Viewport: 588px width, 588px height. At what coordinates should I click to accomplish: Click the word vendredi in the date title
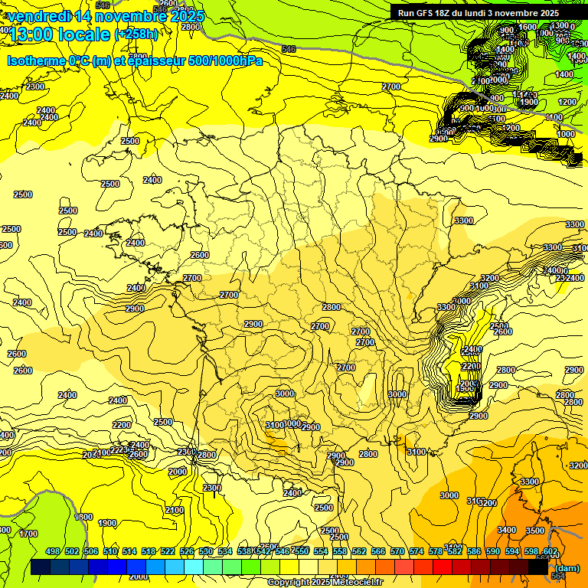[39, 16]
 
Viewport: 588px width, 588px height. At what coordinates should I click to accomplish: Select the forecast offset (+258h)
[136, 34]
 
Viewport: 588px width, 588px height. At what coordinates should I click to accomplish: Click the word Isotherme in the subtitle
[36, 60]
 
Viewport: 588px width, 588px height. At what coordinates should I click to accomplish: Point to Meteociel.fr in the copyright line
[358, 582]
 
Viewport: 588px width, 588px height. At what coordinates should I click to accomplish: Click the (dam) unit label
[566, 568]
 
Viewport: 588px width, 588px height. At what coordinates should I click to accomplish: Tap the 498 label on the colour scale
[53, 551]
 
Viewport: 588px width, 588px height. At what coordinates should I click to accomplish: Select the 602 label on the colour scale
[550, 551]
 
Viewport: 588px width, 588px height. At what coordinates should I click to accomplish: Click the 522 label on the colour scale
[168, 551]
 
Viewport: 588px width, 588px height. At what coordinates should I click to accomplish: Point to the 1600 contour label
[528, 28]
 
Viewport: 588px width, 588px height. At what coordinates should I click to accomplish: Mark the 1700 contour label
[28, 534]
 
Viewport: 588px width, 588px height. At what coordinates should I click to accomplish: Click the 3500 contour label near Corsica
[535, 530]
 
